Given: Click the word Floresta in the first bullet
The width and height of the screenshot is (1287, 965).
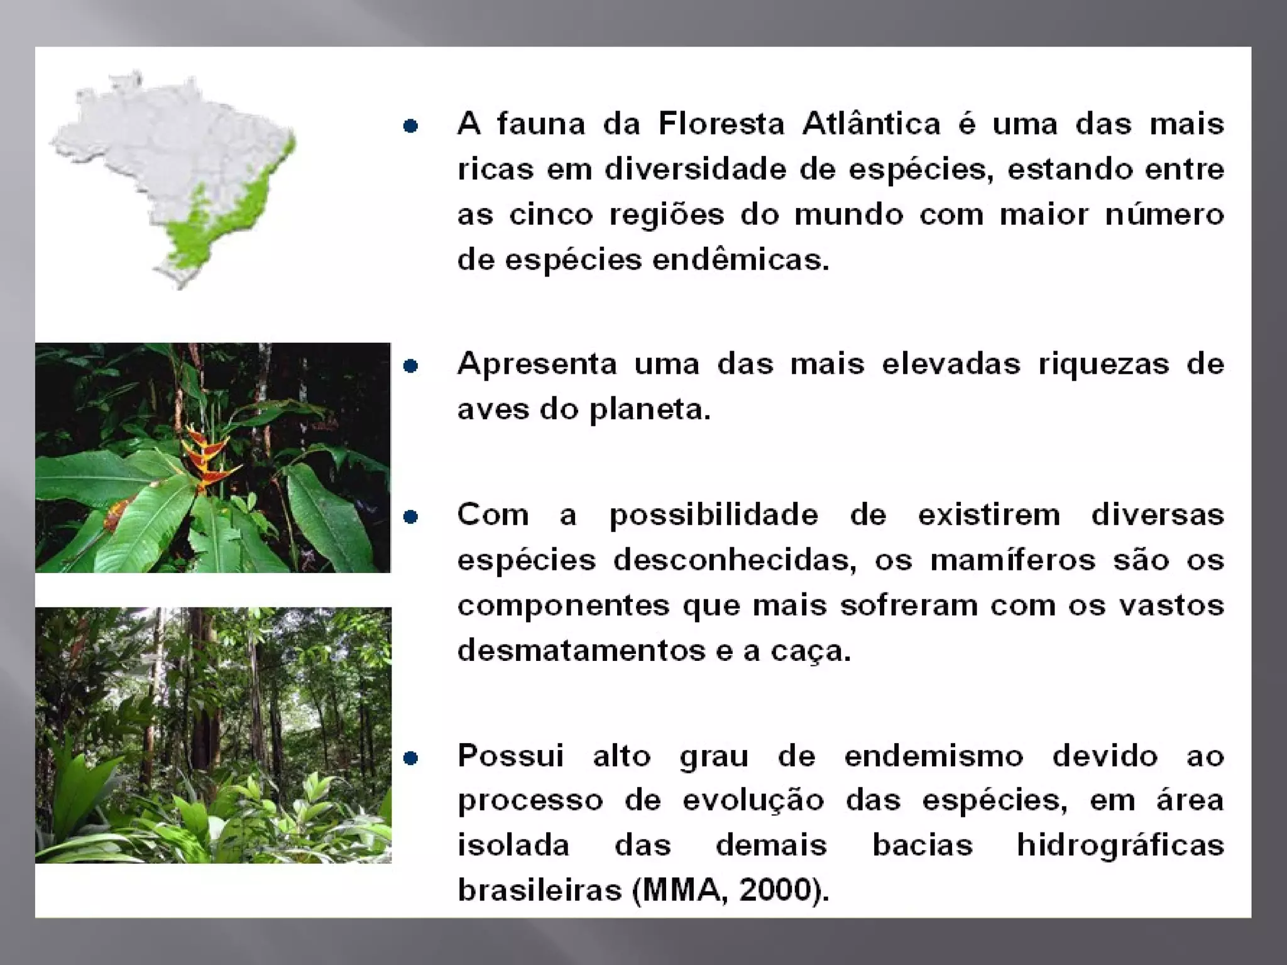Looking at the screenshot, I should (721, 124).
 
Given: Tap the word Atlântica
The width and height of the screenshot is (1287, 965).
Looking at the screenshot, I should (871, 124).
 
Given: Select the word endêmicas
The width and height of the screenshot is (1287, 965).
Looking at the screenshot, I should (740, 259).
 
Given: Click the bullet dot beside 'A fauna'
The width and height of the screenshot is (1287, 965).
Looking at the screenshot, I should (410, 126).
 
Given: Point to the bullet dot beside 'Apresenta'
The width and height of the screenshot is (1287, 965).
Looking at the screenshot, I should (410, 366).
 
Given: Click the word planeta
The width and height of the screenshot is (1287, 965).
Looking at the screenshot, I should (649, 410).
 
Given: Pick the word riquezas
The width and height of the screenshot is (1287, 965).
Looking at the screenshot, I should (1104, 364).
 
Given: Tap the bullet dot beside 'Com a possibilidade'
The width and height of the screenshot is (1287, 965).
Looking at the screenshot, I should (410, 516).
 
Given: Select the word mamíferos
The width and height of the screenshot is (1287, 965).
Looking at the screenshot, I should (1012, 560).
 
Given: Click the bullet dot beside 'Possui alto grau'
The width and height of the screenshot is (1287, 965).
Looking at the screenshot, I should (410, 758).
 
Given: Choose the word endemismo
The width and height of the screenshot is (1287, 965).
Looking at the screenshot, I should (933, 756).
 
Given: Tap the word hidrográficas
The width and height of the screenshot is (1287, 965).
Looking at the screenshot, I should (1120, 846).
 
